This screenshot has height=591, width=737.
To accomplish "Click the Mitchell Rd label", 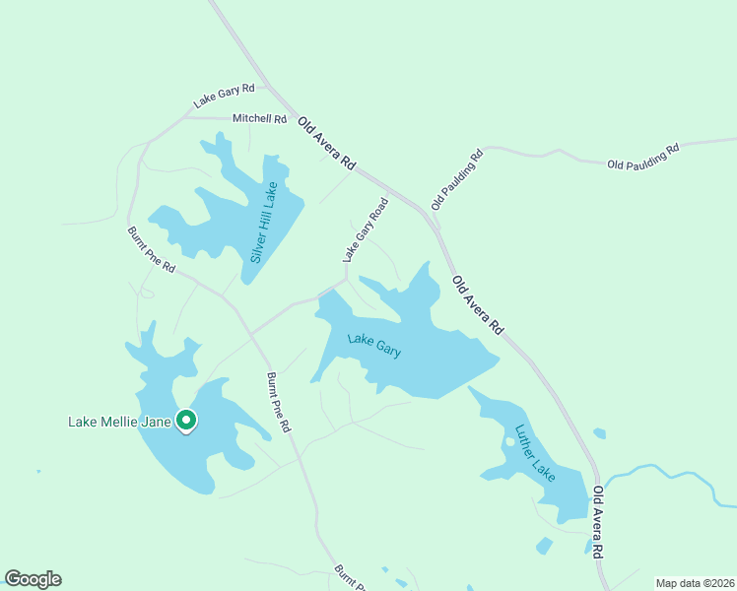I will tap(259, 119).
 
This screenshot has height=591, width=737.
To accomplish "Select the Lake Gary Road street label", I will tap(366, 230).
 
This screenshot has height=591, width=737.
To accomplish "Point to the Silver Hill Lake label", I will tap(264, 222).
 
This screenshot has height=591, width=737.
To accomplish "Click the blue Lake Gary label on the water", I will tap(374, 346).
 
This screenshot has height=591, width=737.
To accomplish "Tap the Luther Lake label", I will tap(535, 452).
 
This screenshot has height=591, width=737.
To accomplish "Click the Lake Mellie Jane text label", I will tap(118, 422).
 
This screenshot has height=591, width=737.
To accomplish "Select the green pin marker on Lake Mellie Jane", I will tap(186, 421).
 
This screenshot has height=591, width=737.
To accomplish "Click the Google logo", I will tap(33, 579).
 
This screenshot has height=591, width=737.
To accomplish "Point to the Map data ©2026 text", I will tap(694, 582).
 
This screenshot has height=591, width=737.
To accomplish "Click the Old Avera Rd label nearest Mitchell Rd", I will tap(325, 143).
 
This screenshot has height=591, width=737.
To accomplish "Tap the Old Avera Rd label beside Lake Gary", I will tap(478, 304).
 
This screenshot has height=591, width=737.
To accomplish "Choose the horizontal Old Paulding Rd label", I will tap(643, 157).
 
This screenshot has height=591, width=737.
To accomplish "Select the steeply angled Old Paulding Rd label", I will tap(457, 179).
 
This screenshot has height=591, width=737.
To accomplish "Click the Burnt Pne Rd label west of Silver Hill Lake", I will tap(151, 250).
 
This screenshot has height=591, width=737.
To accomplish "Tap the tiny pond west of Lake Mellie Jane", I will tap(38, 471).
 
